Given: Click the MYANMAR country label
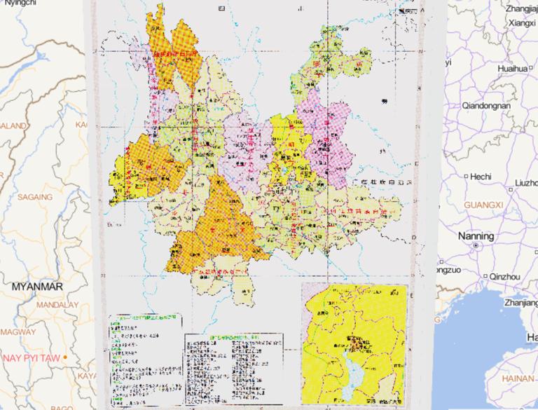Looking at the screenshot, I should coord(37,287).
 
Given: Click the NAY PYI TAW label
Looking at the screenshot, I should coord(29,357).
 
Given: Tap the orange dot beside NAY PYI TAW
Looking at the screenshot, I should coord(65,357).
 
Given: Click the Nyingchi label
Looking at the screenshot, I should coord(20,4).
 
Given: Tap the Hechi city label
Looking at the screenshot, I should coord(481,176).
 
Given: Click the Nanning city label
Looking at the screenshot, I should coord(476,236).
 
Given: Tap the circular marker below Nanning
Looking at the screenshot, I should coord(475,247).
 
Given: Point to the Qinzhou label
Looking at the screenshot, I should coord(504,277).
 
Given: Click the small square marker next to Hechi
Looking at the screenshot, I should coord(464,176).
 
